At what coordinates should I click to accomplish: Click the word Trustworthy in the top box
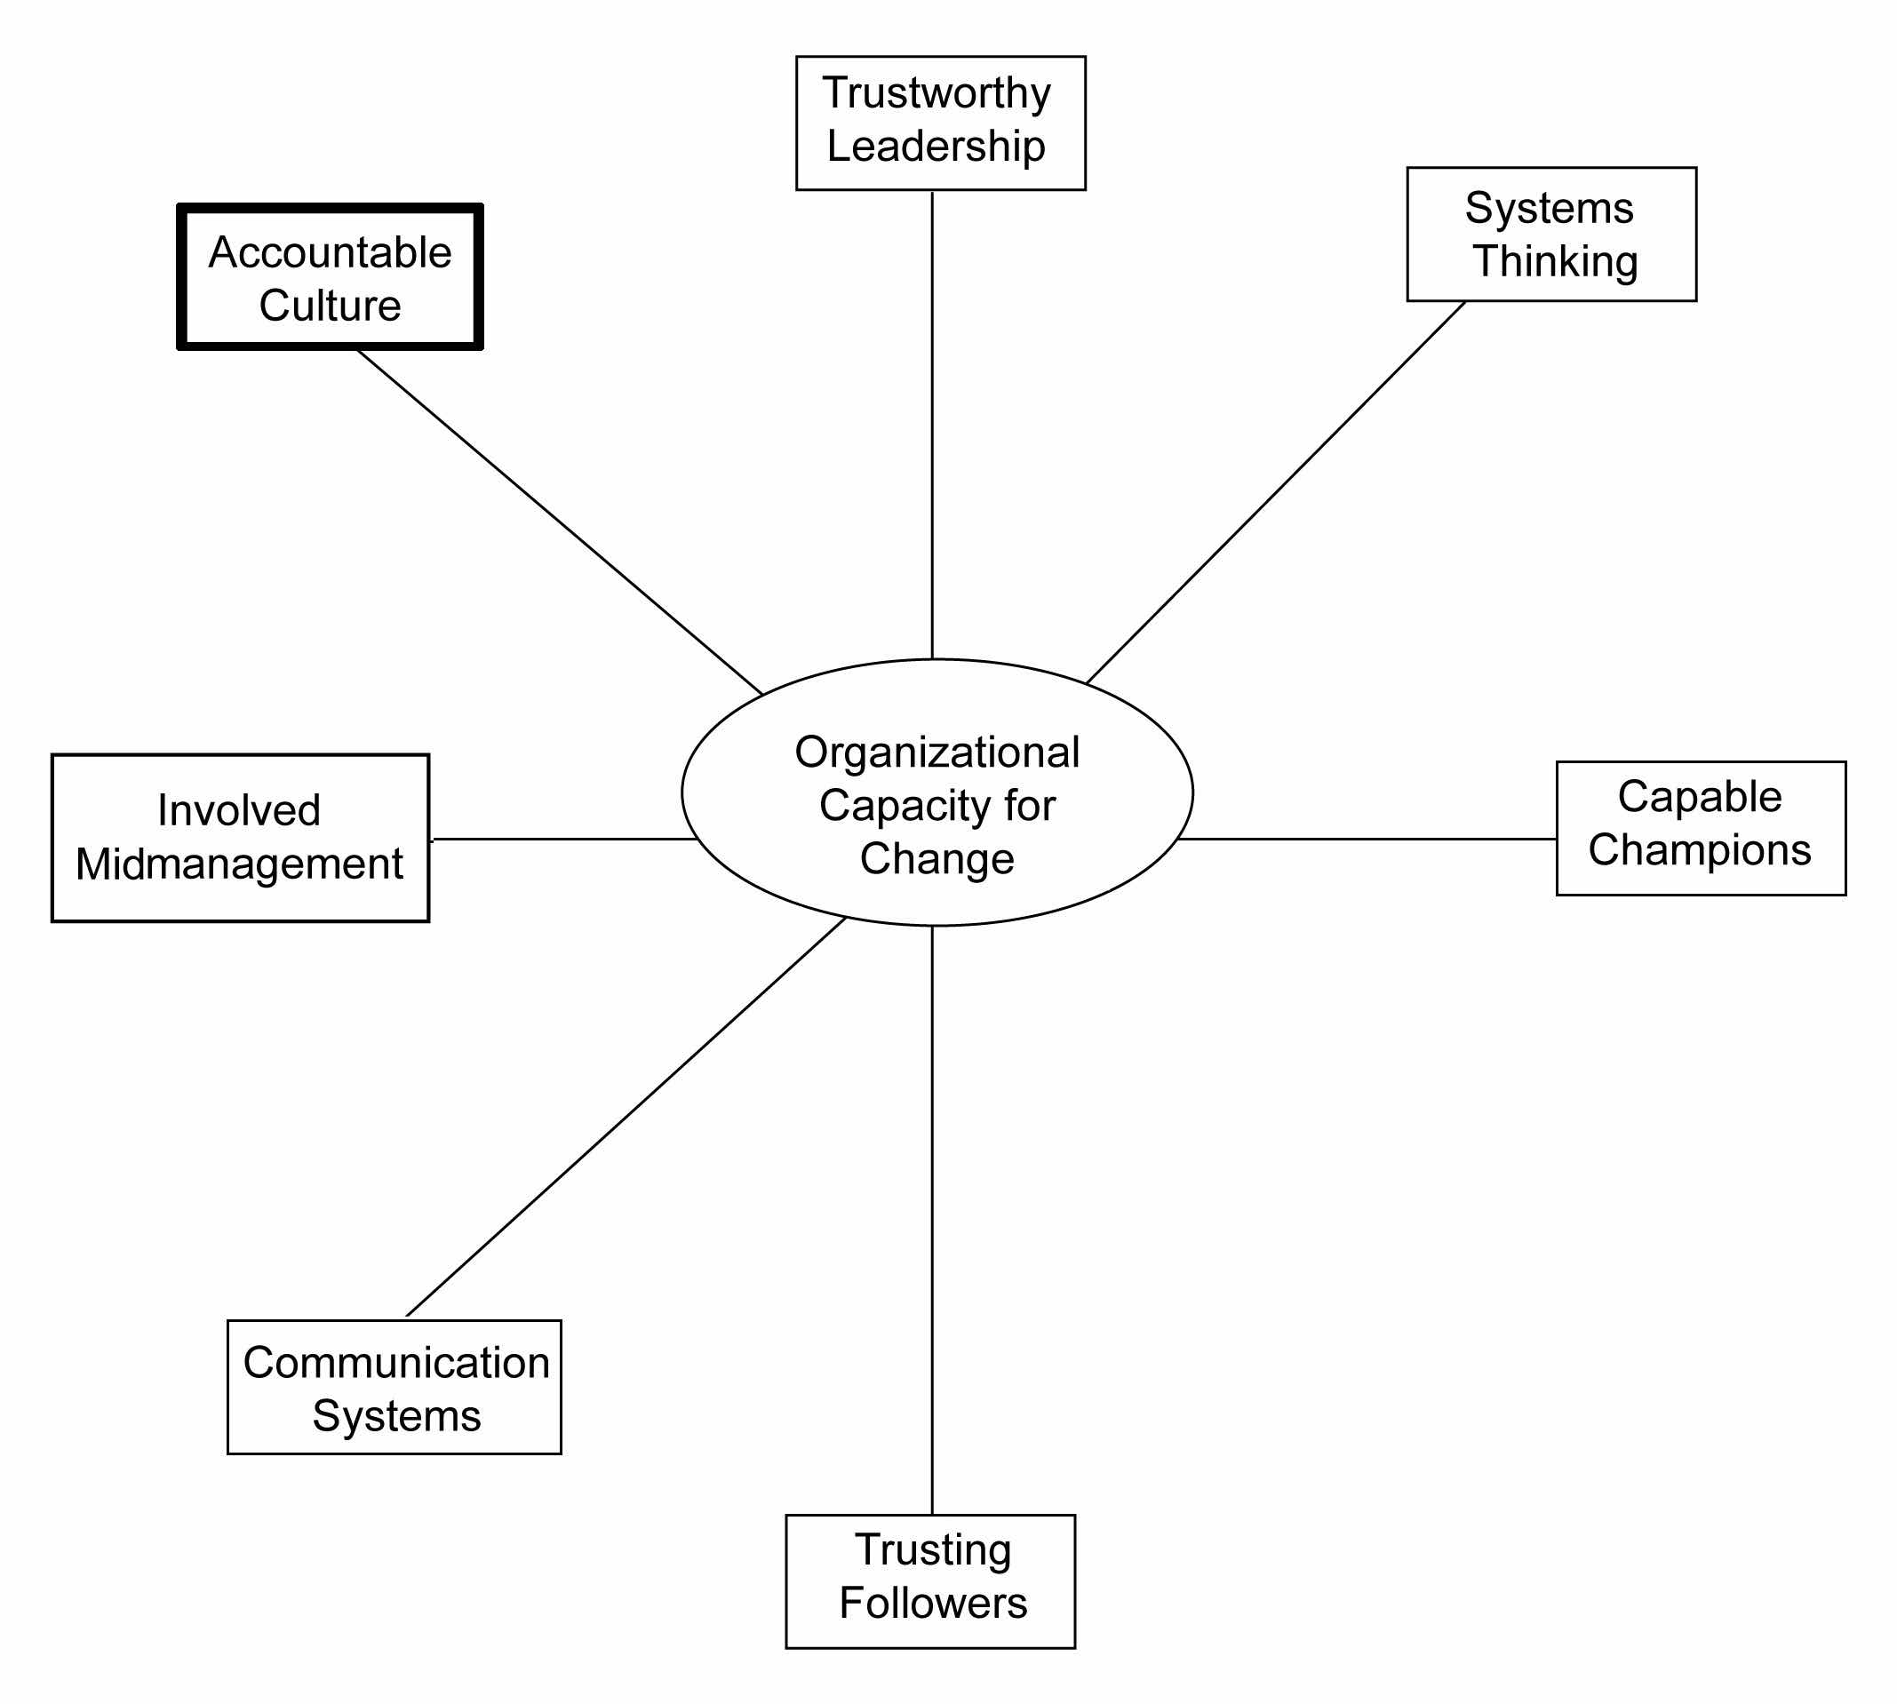(936, 93)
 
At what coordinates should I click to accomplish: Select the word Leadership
(936, 147)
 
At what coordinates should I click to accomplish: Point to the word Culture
(330, 307)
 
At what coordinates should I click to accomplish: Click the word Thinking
(1555, 261)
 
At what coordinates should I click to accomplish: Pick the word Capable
(1700, 797)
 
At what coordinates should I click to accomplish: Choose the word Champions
(1700, 850)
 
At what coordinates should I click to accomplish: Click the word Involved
(239, 810)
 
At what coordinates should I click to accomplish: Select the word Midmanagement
(239, 864)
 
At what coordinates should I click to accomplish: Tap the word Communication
(396, 1362)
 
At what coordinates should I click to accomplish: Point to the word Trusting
(933, 1549)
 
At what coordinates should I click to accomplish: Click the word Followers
(933, 1603)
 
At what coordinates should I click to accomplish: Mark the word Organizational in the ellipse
(937, 752)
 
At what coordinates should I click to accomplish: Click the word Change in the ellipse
(937, 858)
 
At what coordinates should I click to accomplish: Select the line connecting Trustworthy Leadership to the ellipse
(932, 421)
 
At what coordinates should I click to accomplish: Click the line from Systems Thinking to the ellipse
(1276, 491)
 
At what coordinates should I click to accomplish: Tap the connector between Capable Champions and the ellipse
(1367, 839)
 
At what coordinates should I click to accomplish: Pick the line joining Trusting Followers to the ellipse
(932, 1217)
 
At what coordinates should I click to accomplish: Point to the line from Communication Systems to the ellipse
(626, 1117)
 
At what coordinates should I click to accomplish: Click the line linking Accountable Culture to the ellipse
(560, 522)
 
